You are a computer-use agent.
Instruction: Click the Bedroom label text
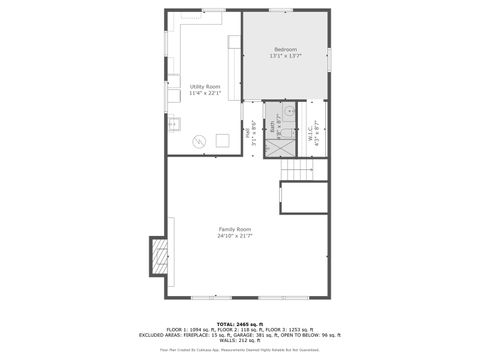point(285,48)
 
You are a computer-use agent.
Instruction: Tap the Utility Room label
point(204,87)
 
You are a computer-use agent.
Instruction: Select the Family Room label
point(235,229)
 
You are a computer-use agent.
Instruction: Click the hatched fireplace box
point(158,256)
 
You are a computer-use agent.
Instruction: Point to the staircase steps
point(303,174)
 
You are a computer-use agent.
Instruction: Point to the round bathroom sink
point(287,112)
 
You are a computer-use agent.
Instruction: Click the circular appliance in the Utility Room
point(199,141)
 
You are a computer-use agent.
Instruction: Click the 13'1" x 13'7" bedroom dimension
point(285,56)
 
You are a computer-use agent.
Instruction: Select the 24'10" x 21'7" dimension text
point(235,236)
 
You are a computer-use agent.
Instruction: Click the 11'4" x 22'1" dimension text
point(204,94)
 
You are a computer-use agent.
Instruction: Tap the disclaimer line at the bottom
point(240,349)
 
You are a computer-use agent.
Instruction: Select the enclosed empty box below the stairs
point(304,200)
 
